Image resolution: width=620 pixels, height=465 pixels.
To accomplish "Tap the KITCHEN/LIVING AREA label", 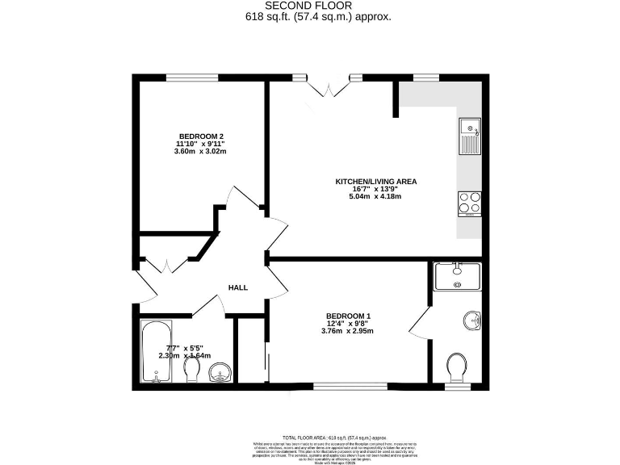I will click(x=376, y=182).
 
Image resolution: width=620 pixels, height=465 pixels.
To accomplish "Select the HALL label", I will click(x=237, y=287).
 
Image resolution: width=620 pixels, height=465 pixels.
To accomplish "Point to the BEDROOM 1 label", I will click(x=348, y=316).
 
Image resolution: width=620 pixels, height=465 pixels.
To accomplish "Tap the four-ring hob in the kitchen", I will click(x=469, y=203).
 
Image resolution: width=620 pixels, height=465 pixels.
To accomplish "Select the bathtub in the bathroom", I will click(x=156, y=352).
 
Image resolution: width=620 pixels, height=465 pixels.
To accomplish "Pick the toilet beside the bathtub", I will click(x=192, y=370).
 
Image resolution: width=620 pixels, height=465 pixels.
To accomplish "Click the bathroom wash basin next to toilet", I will click(x=220, y=372).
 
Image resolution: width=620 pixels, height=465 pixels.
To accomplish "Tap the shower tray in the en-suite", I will click(x=457, y=276).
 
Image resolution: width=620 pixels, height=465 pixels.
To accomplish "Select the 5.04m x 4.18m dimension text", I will click(x=376, y=196).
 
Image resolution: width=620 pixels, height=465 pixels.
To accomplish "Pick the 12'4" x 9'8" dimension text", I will click(x=348, y=323).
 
